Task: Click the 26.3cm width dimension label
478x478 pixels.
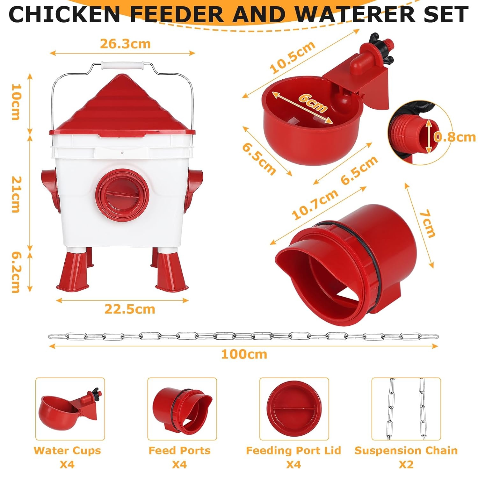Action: pyautogui.click(x=125, y=44)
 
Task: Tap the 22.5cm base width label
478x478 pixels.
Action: pyautogui.click(x=130, y=309)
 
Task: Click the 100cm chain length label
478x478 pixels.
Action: pyautogui.click(x=244, y=354)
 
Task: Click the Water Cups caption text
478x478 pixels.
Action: pyautogui.click(x=67, y=451)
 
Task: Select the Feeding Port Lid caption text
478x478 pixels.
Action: pyautogui.click(x=293, y=451)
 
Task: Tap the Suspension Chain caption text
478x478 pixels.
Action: pyautogui.click(x=406, y=451)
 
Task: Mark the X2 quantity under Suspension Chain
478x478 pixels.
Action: pyautogui.click(x=406, y=464)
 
